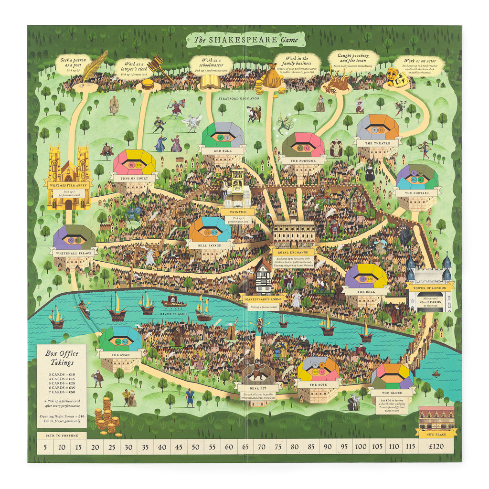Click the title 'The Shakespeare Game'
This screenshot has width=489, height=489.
(x=244, y=39)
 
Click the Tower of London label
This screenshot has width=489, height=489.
(x=428, y=287)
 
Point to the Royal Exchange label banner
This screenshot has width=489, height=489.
(x=293, y=251)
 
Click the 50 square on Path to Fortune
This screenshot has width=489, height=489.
(x=195, y=447)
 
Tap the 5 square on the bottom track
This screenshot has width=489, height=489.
(x=44, y=447)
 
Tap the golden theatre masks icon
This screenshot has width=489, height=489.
(x=397, y=77)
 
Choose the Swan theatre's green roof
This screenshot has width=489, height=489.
(x=121, y=339)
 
